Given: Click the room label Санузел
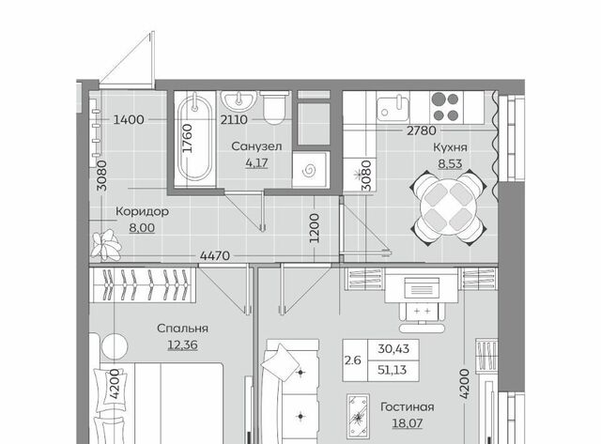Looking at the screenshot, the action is [256, 146].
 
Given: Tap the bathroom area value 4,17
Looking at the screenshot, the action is [256, 163].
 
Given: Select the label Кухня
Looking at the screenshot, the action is [450, 148].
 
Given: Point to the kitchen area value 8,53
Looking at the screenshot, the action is [450, 164].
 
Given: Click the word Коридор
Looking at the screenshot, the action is [142, 211].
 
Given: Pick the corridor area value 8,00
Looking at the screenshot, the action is [142, 228].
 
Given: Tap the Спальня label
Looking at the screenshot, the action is [182, 329].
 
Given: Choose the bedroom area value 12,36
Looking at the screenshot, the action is [182, 344].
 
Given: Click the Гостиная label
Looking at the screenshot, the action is [407, 406].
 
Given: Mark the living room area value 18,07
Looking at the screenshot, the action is [407, 423].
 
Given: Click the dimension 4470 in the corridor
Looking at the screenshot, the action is [215, 255].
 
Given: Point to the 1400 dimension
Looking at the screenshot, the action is [129, 120].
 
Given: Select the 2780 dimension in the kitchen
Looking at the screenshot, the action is [422, 131].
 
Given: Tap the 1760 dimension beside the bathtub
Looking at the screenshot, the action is [188, 138].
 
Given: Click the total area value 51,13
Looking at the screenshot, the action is [393, 370].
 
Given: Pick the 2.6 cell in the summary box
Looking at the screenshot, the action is [353, 360].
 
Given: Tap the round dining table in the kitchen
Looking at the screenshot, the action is [449, 208].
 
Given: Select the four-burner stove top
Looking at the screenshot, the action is [445, 107].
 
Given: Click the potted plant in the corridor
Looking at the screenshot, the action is [106, 245].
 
